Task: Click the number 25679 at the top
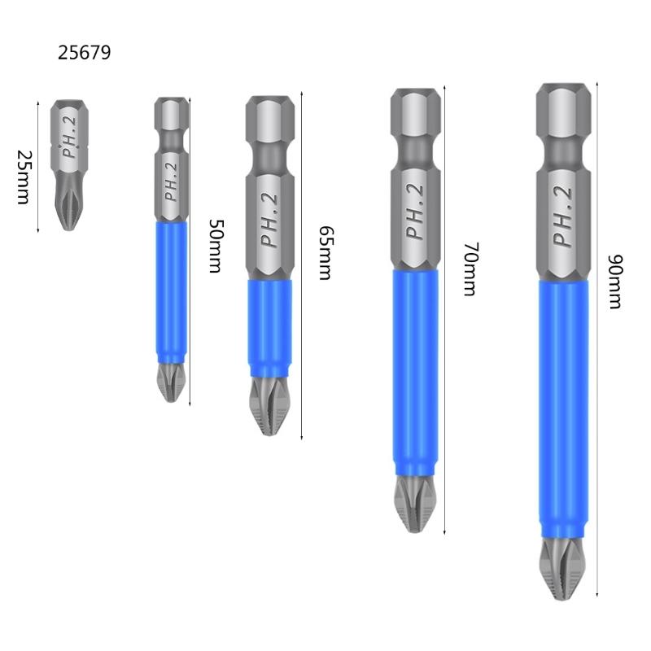[x=84, y=53]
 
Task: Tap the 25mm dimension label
[x=24, y=177]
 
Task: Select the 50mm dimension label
[x=215, y=245]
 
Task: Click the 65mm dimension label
[x=325, y=253]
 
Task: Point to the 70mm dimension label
[x=469, y=269]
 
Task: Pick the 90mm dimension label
[x=614, y=282]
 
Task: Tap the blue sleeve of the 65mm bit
[x=269, y=321]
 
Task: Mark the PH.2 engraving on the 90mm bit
[x=563, y=216]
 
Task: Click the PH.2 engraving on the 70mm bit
[x=416, y=209]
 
